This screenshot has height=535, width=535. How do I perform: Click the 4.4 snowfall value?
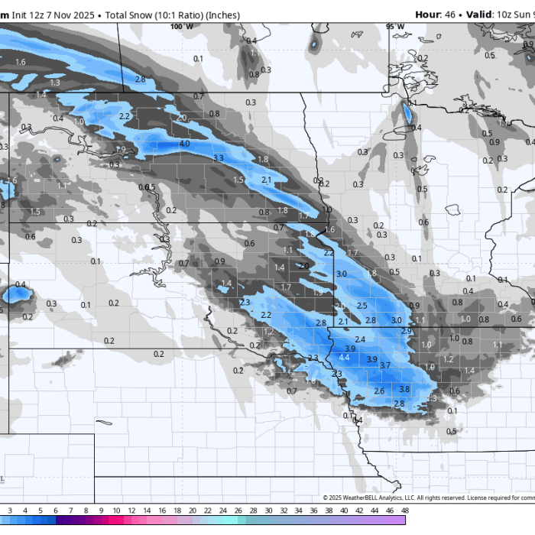coord(344,358)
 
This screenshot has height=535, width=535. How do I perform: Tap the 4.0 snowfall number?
coord(184,144)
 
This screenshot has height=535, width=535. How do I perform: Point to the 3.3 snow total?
coord(219,158)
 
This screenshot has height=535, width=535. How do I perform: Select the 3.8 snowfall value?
coord(404,389)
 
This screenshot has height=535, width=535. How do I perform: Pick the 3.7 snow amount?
coord(385,366)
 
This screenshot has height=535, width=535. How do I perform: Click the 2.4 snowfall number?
coord(360,339)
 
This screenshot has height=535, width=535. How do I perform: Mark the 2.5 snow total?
coord(362,306)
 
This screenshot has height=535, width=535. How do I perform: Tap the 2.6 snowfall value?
coord(379,391)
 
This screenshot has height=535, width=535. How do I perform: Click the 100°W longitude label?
coord(182,26)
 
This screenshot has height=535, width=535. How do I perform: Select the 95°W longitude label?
coord(395,26)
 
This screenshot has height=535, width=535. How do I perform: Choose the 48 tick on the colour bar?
coord(404,511)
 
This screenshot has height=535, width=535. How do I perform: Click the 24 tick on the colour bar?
coord(222,511)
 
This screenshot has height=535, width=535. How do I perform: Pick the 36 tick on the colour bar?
coord(313,511)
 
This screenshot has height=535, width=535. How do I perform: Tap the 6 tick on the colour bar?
coord(56,511)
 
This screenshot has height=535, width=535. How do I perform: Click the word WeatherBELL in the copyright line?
coord(362,497)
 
